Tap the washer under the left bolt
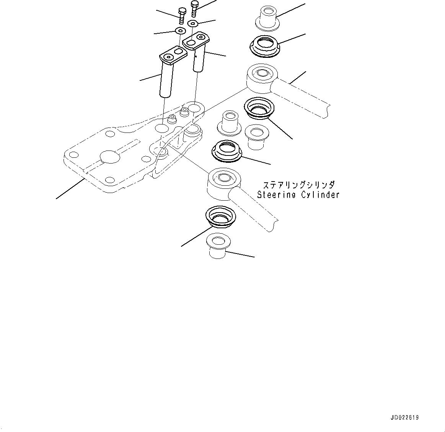[180, 30]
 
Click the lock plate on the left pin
[173, 55]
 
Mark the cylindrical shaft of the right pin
[198, 61]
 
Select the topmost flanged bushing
[267, 17]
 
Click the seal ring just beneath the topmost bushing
[264, 45]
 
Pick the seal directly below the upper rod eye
[259, 107]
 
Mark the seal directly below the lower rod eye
[220, 216]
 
